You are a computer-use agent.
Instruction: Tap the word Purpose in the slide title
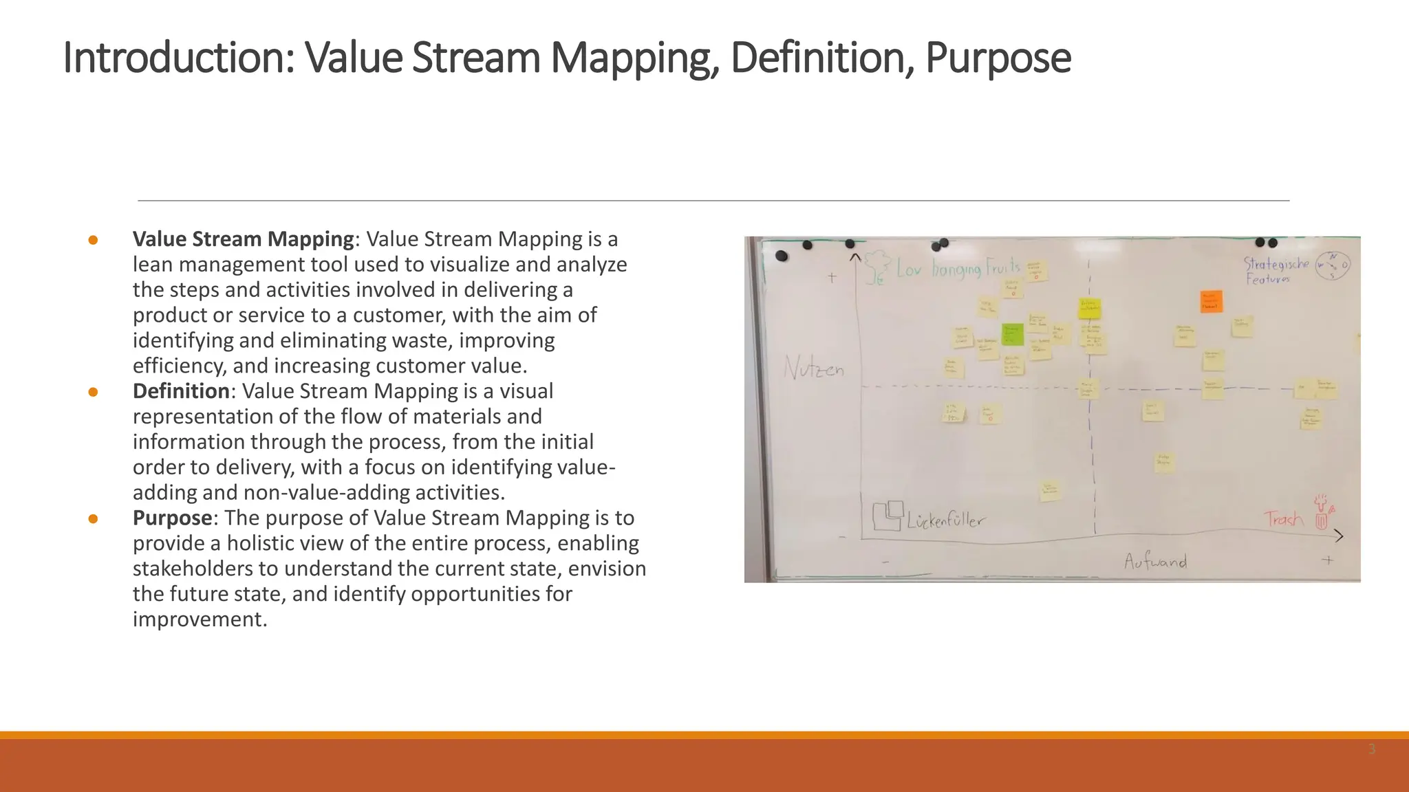pyautogui.click(x=998, y=59)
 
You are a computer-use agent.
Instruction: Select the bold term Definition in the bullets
pyautogui.click(x=181, y=391)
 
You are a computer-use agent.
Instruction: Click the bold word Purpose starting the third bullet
pyautogui.click(x=172, y=518)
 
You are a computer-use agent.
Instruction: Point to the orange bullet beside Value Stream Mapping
pyautogui.click(x=93, y=240)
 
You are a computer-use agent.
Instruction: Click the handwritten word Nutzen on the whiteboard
pyautogui.click(x=813, y=369)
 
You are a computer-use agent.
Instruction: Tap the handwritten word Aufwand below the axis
pyautogui.click(x=1155, y=562)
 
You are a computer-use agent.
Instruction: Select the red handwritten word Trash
pyautogui.click(x=1283, y=518)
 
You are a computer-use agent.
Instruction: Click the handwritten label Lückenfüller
pyautogui.click(x=945, y=520)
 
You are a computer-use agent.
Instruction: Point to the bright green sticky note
pyautogui.click(x=1012, y=334)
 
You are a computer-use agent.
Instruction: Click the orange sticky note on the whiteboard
pyautogui.click(x=1211, y=301)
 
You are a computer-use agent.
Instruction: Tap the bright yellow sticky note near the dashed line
pyautogui.click(x=1090, y=308)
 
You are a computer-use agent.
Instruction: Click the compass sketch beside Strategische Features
pyautogui.click(x=1333, y=265)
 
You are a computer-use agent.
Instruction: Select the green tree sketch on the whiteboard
pyautogui.click(x=876, y=266)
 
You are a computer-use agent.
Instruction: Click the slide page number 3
pyautogui.click(x=1371, y=749)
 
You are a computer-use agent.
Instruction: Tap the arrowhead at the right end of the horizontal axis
pyautogui.click(x=1337, y=536)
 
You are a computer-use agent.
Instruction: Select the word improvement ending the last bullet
pyautogui.click(x=199, y=619)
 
